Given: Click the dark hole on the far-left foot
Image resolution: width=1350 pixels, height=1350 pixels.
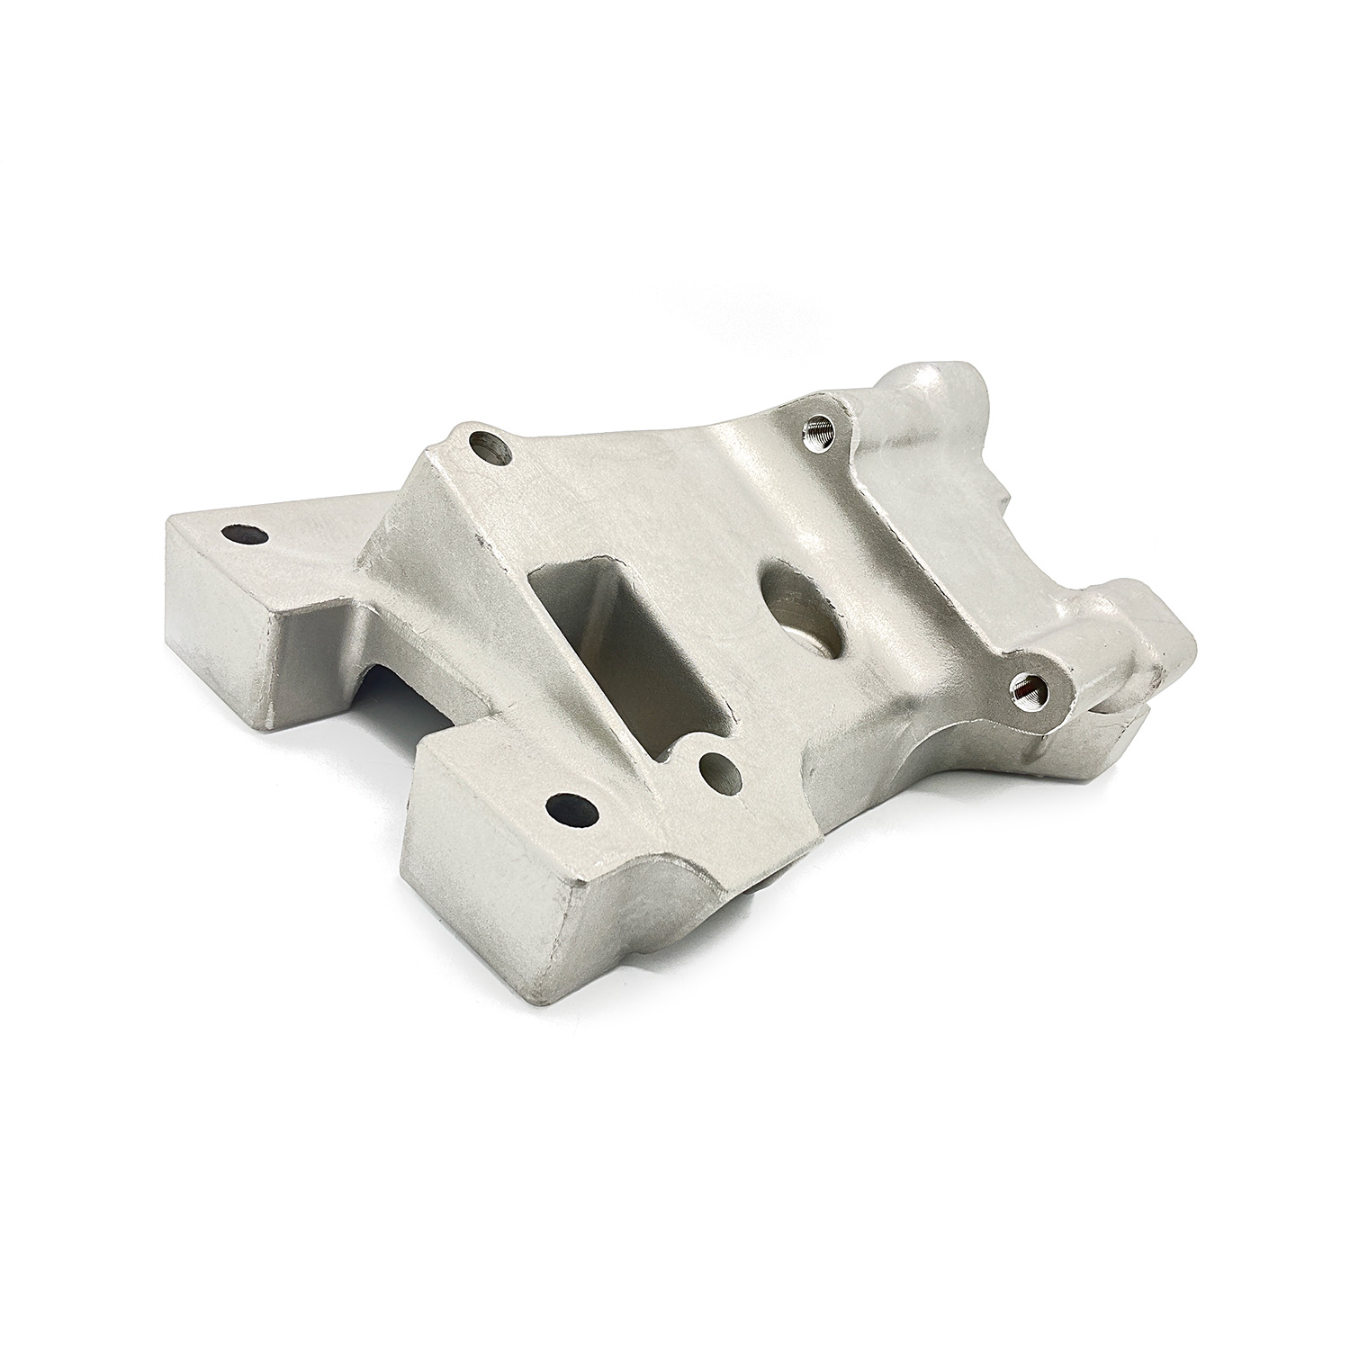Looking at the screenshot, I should (245, 534).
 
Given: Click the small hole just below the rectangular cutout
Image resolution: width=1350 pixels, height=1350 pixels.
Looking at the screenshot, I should (719, 769).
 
